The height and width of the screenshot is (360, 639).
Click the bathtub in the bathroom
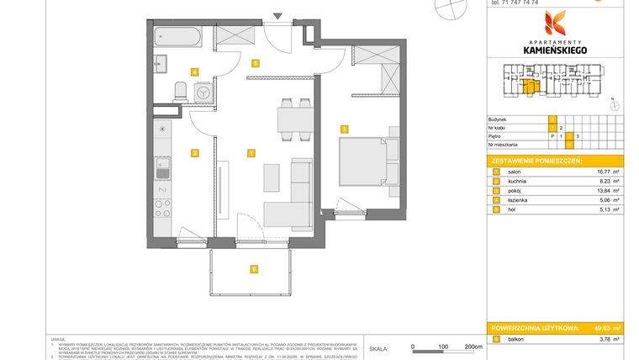pyautogui.click(x=177, y=37)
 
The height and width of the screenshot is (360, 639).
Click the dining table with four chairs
pyautogui.click(x=295, y=119)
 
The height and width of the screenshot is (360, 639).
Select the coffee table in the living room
pyautogui.click(x=272, y=177)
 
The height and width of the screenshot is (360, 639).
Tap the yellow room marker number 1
pyautogui.click(x=251, y=153)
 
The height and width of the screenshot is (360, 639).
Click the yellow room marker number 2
pyautogui.click(x=194, y=153)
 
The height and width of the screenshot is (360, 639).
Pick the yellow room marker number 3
pyautogui.click(x=344, y=129)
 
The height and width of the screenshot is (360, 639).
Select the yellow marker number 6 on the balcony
pyautogui.click(x=253, y=269)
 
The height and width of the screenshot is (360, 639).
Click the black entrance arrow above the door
pyautogui.click(x=278, y=16)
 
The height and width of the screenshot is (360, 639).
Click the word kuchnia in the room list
pyautogui.click(x=520, y=181)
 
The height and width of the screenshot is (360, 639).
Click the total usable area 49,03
pyautogui.click(x=599, y=327)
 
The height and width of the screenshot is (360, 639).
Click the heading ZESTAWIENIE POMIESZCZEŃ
pyautogui.click(x=536, y=160)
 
